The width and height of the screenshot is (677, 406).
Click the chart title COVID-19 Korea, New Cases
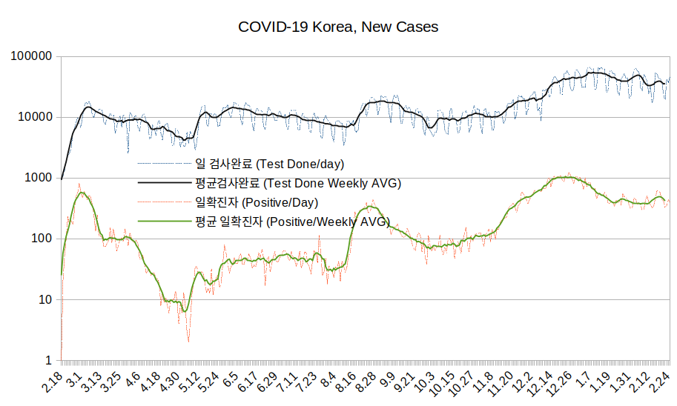point(338,27)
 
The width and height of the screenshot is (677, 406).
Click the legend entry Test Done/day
point(269,164)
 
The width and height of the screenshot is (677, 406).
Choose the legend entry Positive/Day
point(257,202)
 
